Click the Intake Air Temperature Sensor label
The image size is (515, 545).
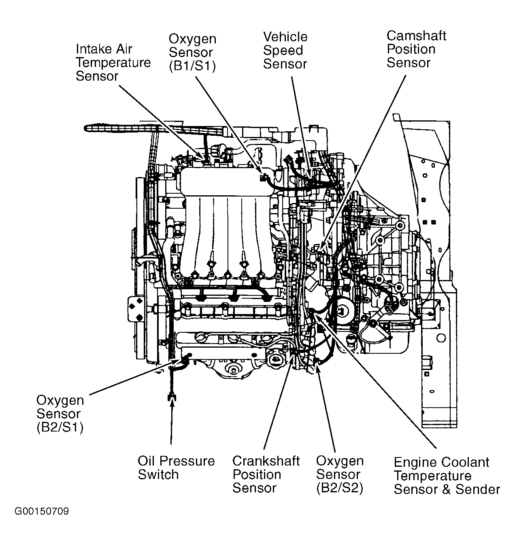113,63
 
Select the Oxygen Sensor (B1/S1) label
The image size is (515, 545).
192,53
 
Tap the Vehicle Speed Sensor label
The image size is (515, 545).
285,51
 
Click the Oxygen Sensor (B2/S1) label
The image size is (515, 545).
60,414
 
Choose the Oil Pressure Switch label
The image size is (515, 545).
176,468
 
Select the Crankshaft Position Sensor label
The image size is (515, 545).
266,474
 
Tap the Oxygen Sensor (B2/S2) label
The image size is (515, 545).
340,474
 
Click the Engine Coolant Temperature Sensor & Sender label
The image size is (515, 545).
447,476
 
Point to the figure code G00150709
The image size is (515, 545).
42,511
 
